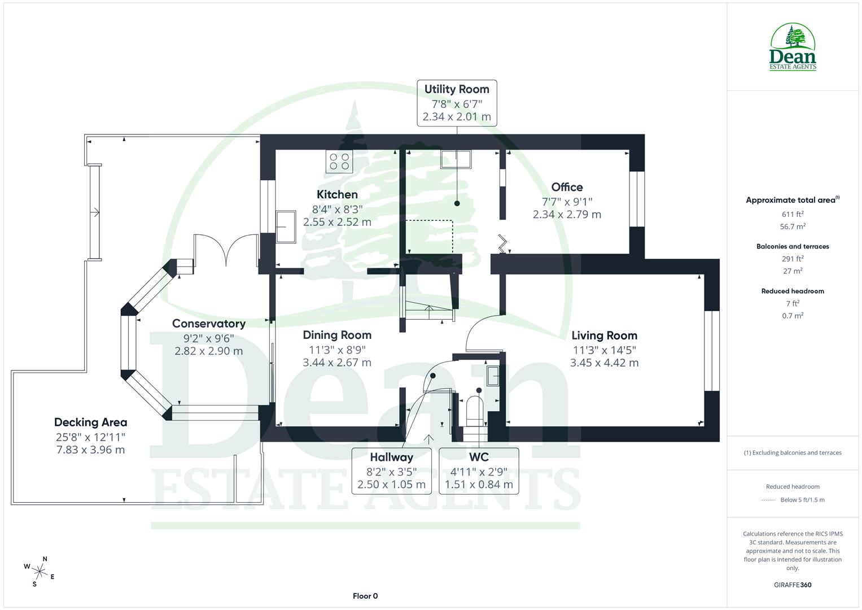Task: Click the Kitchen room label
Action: [337, 194]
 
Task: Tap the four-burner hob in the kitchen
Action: [339, 162]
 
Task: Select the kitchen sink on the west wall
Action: [286, 226]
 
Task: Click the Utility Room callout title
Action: [457, 89]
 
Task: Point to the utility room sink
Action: [456, 160]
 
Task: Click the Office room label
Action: [567, 187]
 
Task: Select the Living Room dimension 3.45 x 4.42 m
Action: [604, 363]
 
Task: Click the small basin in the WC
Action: [493, 376]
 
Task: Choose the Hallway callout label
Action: [391, 457]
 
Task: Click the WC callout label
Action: [479, 457]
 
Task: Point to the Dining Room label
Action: [337, 335]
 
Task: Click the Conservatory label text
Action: [208, 324]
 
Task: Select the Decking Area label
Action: [90, 422]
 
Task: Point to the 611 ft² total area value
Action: [793, 214]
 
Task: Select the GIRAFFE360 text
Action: [793, 585]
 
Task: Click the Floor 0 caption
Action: [365, 596]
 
